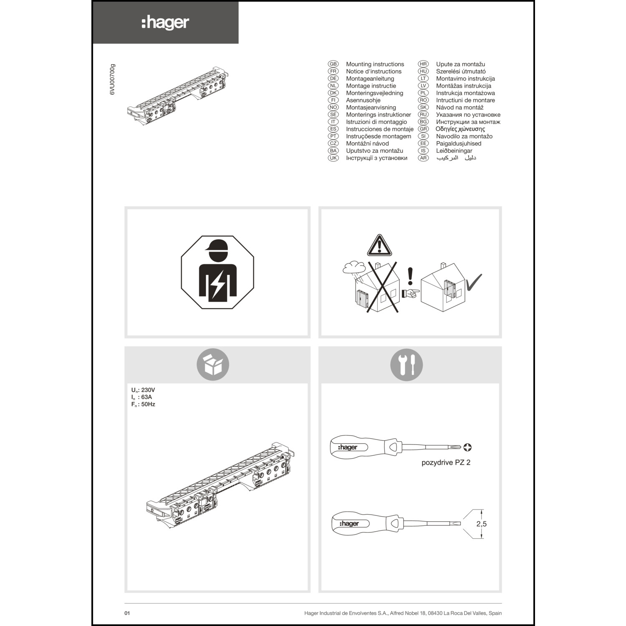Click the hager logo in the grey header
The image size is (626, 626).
[x=165, y=23]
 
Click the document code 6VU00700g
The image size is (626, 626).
[x=112, y=80]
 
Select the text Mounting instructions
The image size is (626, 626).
[x=375, y=64]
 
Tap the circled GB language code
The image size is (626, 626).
[x=333, y=64]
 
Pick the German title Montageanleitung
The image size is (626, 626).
[x=370, y=78]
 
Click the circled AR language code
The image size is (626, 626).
[x=423, y=158]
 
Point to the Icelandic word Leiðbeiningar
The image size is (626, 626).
[x=454, y=151]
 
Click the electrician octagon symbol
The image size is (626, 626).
[x=217, y=272]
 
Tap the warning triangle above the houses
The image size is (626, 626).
[x=379, y=245]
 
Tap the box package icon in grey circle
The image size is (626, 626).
[x=213, y=364]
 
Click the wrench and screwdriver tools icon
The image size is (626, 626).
[x=406, y=364]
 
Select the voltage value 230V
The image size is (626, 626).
[x=148, y=390]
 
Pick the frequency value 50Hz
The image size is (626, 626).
[x=148, y=404]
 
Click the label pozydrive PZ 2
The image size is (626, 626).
[x=446, y=462]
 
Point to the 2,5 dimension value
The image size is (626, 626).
[x=481, y=524]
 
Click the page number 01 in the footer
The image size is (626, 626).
[x=127, y=613]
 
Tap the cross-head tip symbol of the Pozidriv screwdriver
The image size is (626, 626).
[x=468, y=447]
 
